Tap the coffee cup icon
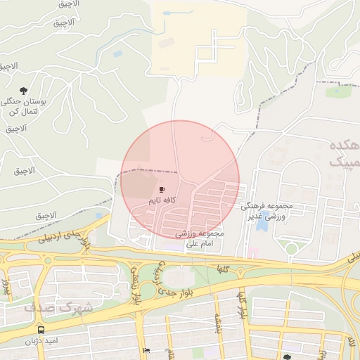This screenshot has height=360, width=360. [x=162, y=190]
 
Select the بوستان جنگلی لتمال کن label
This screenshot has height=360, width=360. [x=28, y=107]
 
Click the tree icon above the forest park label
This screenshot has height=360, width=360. [x=25, y=91]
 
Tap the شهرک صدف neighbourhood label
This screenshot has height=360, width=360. [x=58, y=307]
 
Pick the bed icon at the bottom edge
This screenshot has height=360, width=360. [x=146, y=351]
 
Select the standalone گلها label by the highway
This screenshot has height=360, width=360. [x=224, y=269]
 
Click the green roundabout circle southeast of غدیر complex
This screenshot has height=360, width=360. [x=291, y=248]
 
